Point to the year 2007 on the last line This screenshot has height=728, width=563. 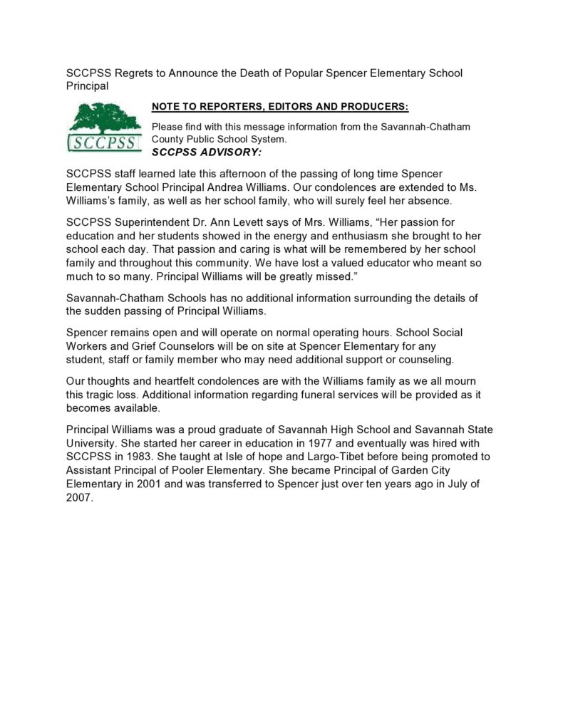[79, 498]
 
